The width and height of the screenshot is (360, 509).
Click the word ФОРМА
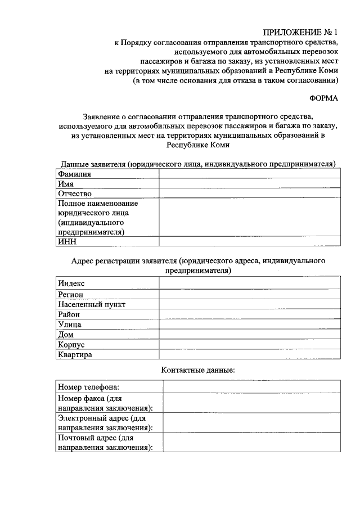(x=323, y=98)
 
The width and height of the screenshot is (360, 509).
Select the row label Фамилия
(x=75, y=174)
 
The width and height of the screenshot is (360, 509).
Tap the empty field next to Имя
(x=249, y=183)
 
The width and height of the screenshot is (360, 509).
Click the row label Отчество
(x=75, y=193)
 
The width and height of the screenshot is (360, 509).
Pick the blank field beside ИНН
(x=249, y=241)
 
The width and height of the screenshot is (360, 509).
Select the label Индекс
(x=71, y=283)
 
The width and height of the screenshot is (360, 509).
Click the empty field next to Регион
(x=249, y=294)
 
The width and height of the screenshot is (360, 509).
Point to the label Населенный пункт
(x=91, y=304)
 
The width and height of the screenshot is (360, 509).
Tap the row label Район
(x=69, y=314)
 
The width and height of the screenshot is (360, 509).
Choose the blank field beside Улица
(x=249, y=325)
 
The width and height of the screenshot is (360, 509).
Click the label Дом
(x=66, y=335)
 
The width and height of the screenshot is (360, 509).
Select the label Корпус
(x=71, y=345)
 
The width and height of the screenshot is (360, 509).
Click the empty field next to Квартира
(x=249, y=355)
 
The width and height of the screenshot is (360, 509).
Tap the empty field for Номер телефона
(x=251, y=386)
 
